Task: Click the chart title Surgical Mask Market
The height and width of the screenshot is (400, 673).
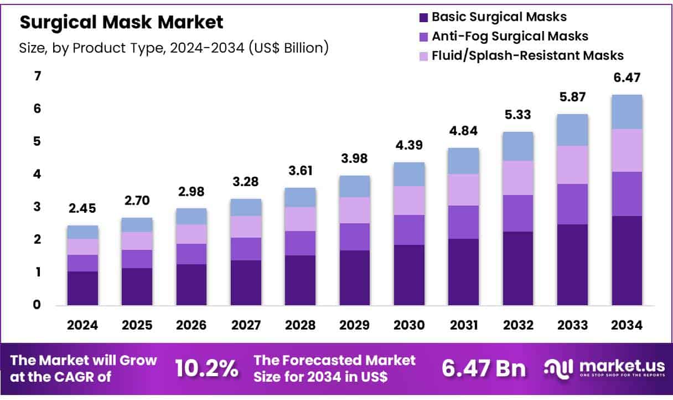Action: click(122, 22)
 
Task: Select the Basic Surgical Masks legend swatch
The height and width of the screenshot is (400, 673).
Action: click(424, 17)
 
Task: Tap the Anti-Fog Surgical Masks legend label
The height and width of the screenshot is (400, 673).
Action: click(510, 36)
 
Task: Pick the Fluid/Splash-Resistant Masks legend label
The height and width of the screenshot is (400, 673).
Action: click(527, 55)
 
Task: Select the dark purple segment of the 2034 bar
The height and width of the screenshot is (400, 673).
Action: click(627, 260)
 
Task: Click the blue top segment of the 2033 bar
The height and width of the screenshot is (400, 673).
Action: click(573, 130)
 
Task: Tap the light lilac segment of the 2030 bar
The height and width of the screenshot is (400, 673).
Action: click(409, 200)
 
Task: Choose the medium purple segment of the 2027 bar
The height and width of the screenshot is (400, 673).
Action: click(246, 249)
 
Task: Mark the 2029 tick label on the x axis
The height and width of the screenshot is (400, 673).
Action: click(355, 325)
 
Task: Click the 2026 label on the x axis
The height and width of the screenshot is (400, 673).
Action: click(191, 325)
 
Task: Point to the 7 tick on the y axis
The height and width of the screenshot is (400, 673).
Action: click(38, 76)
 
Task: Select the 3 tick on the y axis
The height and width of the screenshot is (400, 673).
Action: click(38, 207)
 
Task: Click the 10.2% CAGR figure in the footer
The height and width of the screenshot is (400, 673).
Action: click(207, 367)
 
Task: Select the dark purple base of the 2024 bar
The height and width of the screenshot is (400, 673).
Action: click(82, 288)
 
